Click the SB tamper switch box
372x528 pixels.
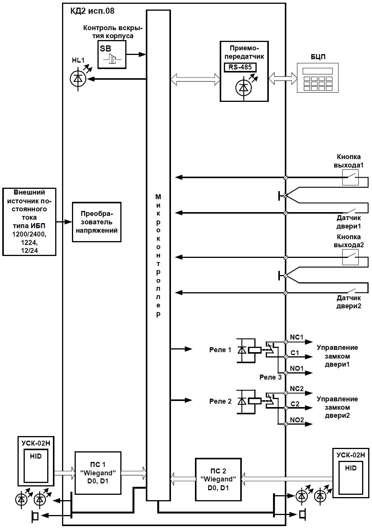pyautogui.click(x=112, y=55)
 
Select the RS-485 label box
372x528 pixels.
pyautogui.click(x=240, y=68)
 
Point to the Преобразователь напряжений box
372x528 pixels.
pyautogui.click(x=97, y=222)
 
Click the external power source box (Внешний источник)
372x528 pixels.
pyautogui.click(x=29, y=221)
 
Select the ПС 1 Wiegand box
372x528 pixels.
pyautogui.click(x=98, y=473)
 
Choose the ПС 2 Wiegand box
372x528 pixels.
pyautogui.click(x=218, y=480)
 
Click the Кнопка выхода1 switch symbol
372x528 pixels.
pyautogui.click(x=350, y=177)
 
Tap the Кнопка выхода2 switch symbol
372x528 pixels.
pyautogui.click(x=350, y=258)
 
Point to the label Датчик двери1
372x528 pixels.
pyautogui.click(x=348, y=222)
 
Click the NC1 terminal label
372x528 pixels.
pyautogui.click(x=297, y=337)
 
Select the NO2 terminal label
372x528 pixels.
pyautogui.click(x=297, y=420)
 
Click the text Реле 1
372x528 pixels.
pyautogui.click(x=220, y=349)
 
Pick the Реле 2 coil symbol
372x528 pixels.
pyautogui.click(x=254, y=401)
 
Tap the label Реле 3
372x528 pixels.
pyautogui.click(x=271, y=377)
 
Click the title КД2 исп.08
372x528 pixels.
pyautogui.click(x=92, y=11)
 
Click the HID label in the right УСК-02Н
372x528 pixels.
pyautogui.click(x=351, y=468)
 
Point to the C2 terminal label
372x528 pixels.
pyautogui.click(x=295, y=404)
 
